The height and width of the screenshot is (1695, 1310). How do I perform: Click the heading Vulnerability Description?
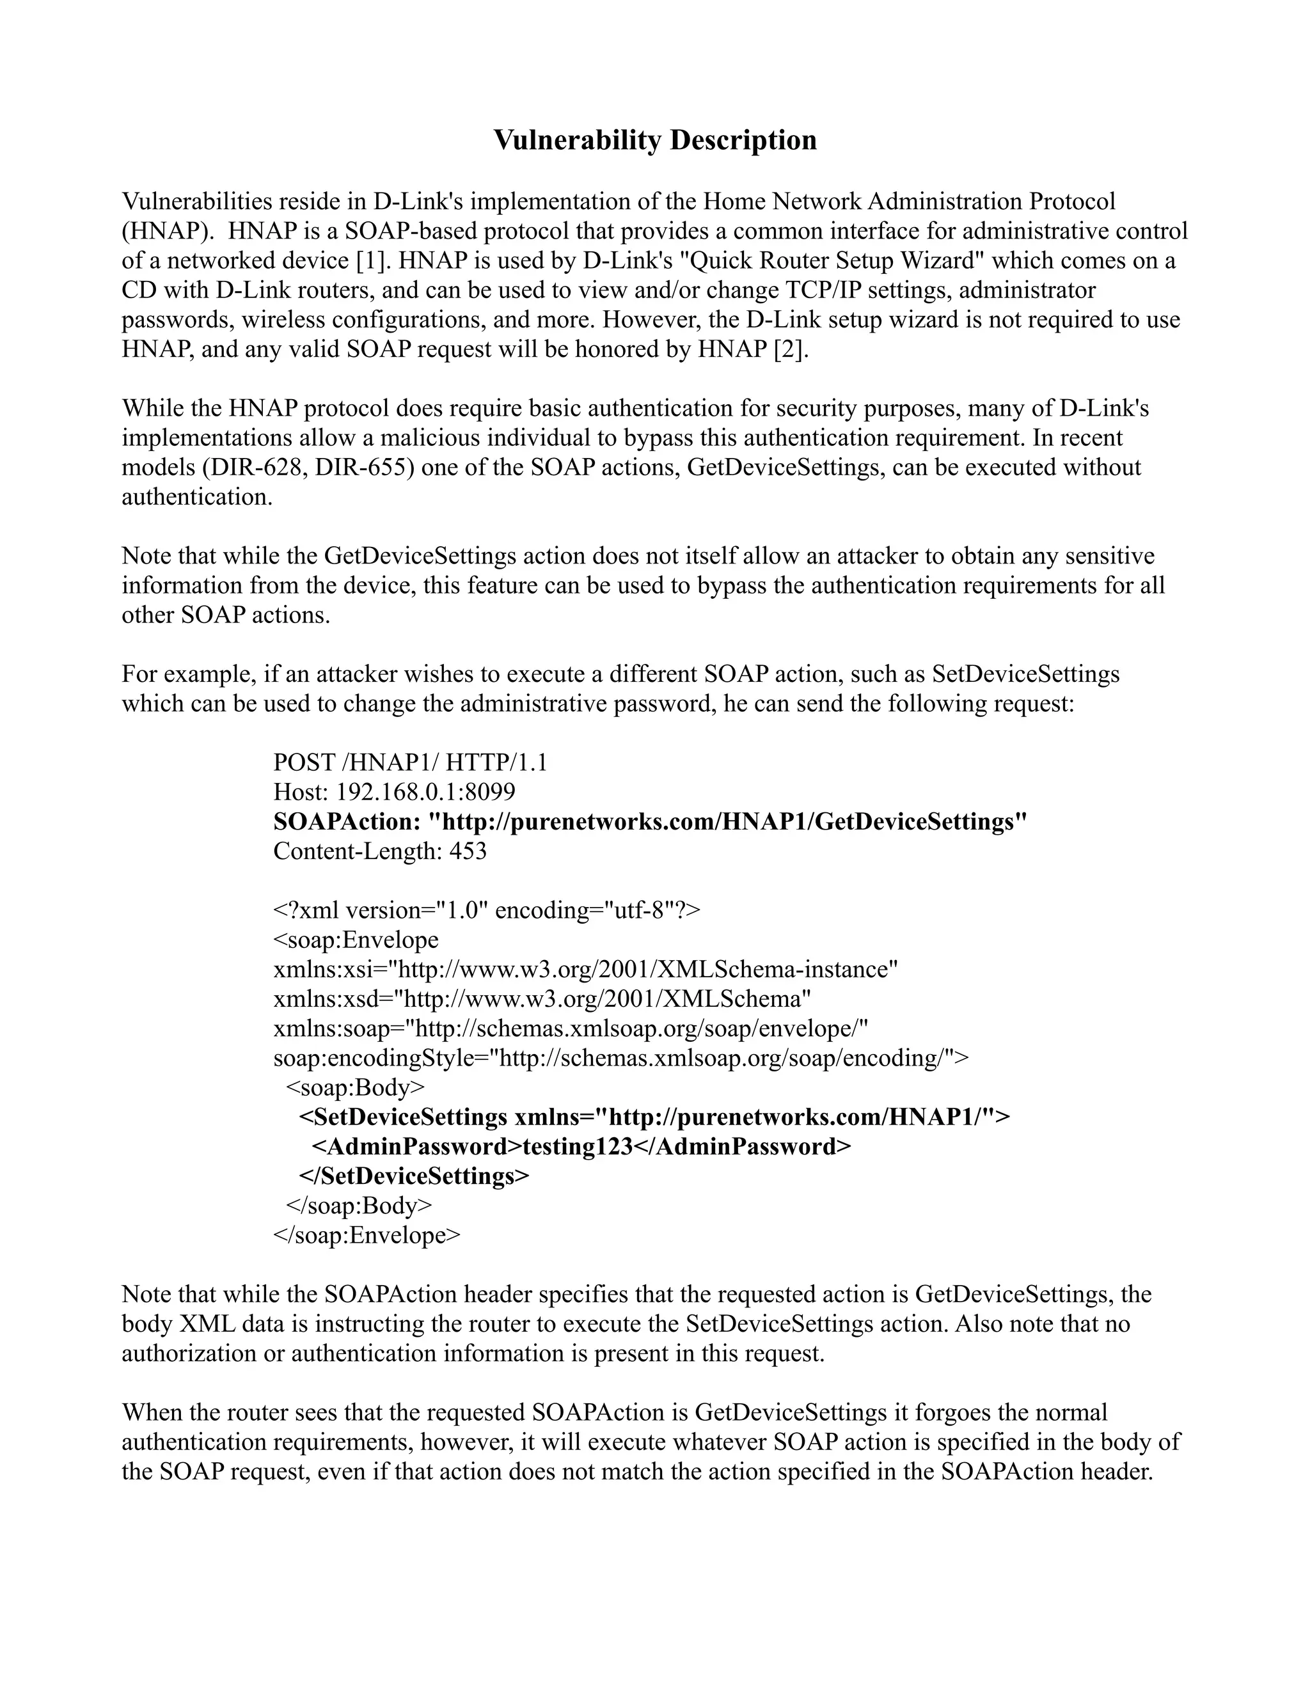click(655, 141)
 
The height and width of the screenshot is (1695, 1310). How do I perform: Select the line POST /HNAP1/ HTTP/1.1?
click(410, 762)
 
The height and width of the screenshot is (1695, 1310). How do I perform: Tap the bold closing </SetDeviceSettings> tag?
click(414, 1176)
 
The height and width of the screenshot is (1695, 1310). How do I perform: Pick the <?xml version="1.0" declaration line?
click(486, 910)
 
